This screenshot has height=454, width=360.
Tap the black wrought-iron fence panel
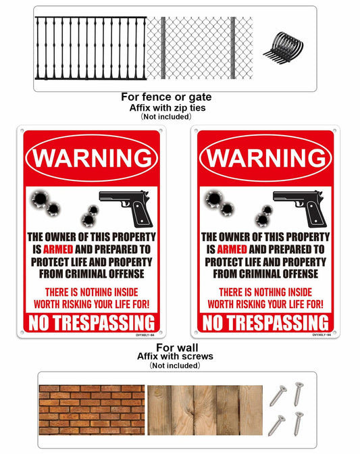point(90,47)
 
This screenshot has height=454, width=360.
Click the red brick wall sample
point(91,409)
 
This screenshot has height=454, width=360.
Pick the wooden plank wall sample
point(205,409)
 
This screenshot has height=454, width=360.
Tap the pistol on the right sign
point(301,207)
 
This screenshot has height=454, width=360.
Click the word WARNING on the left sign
point(92,158)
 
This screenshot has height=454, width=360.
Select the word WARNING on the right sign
point(266,158)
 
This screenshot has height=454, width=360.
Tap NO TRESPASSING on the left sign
point(92,322)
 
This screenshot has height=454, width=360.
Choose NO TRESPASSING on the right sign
point(266,322)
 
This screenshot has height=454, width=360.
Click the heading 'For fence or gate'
point(165,97)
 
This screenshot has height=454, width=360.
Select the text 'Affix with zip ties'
point(165,107)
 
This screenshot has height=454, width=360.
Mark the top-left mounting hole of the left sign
point(22,131)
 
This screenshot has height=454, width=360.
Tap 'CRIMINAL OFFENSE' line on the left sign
point(92,274)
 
